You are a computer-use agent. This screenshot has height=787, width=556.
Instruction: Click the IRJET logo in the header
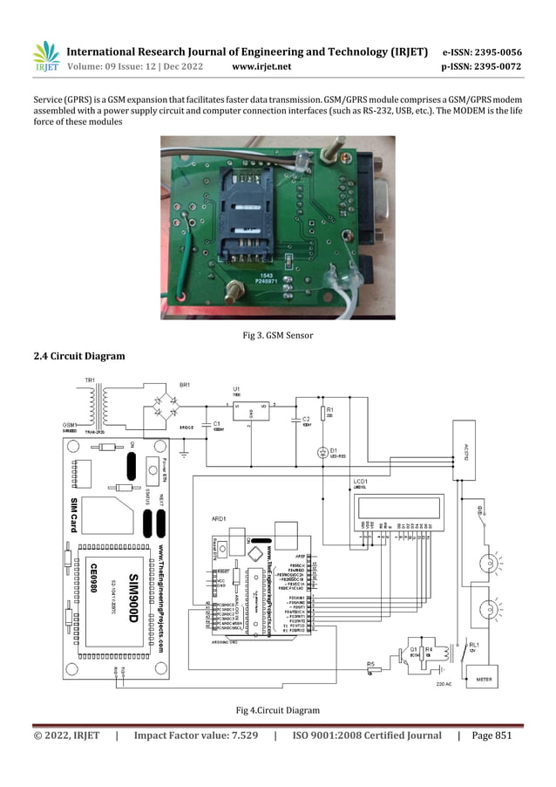(45, 57)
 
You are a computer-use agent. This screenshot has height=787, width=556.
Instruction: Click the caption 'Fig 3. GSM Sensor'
(277, 335)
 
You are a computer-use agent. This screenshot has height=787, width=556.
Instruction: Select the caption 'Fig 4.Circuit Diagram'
(277, 709)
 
